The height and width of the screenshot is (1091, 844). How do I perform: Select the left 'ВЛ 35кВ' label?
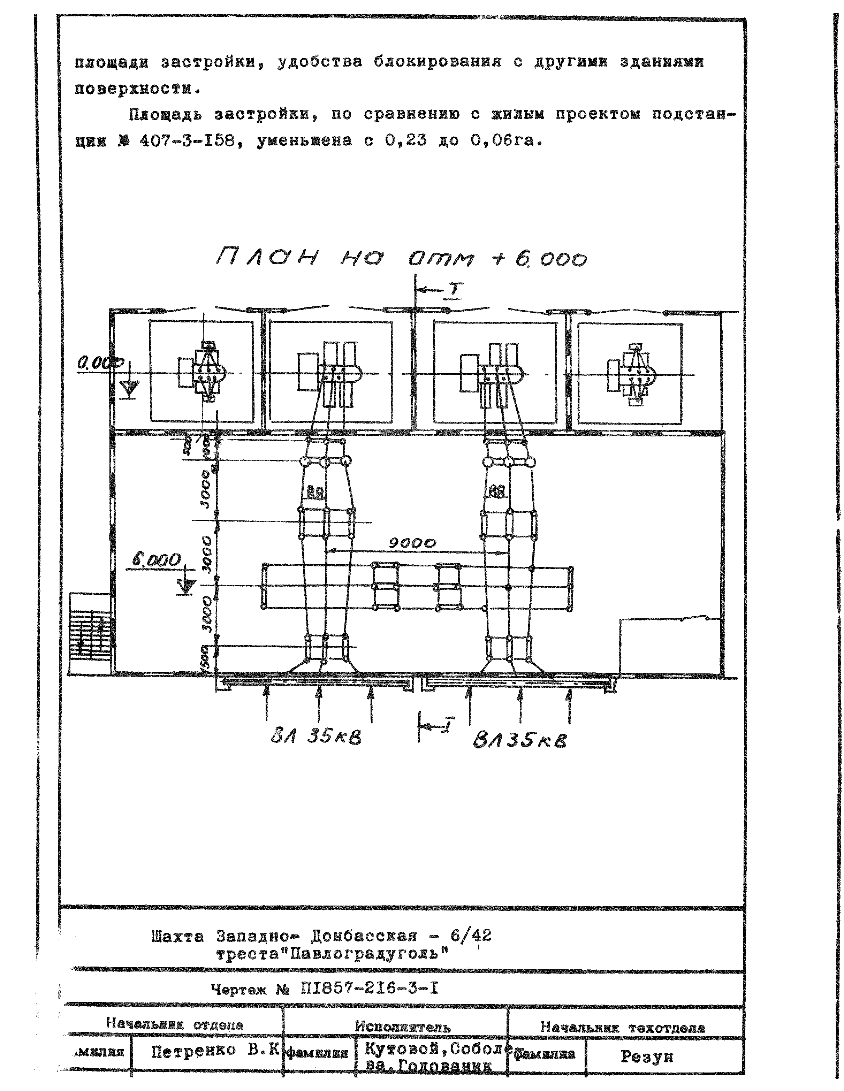316,737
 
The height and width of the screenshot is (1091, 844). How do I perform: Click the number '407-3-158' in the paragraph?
188,140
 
